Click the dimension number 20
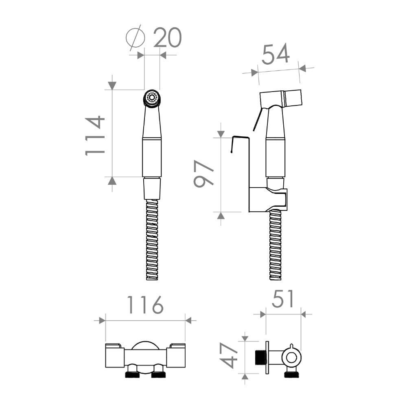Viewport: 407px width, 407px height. pos(167,37)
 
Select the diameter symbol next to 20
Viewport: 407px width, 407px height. pos(135,37)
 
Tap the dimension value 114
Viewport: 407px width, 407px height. pos(95,136)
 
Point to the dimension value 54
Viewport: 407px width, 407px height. pos(276,54)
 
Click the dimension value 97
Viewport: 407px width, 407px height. pos(204,173)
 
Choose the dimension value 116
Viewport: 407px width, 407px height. pos(145,304)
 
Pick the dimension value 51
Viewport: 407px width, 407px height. pos(283,299)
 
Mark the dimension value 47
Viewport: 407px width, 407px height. pos(229,355)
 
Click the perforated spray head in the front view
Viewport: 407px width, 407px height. pos(152,98)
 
